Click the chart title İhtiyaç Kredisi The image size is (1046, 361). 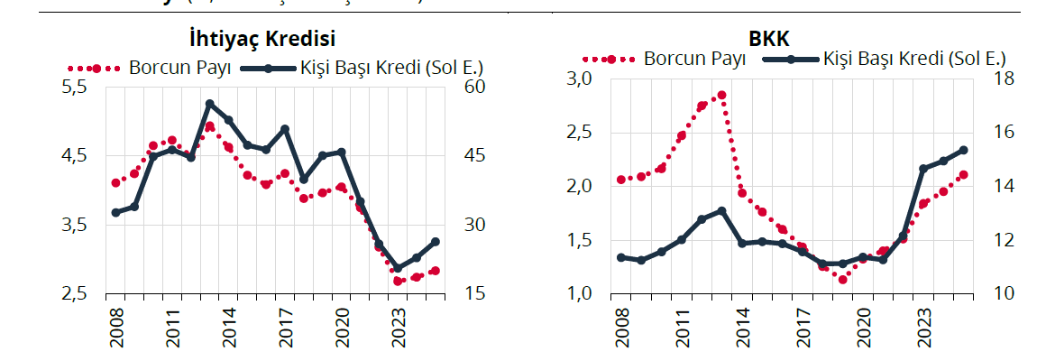(258, 40)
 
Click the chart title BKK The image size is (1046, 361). (767, 40)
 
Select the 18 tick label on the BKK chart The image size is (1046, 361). (1005, 79)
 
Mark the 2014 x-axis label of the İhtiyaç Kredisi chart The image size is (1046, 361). (229, 326)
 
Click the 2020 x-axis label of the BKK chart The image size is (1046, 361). (863, 326)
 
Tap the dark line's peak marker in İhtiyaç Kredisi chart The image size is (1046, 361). (209, 104)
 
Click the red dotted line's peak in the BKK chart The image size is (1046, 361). (721, 95)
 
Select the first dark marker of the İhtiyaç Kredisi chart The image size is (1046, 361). (115, 212)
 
